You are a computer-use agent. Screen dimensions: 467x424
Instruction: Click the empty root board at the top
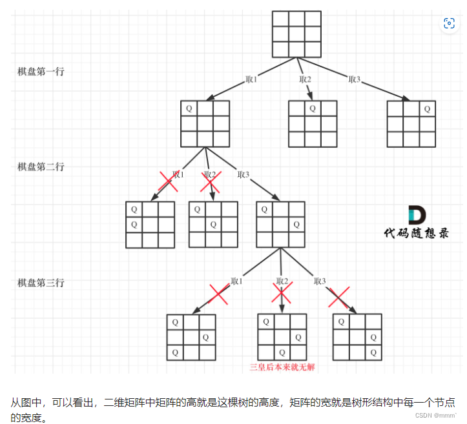point(296,34)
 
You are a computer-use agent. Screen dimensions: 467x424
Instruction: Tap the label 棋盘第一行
point(41,72)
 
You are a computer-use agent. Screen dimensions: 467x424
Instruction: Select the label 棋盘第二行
point(41,167)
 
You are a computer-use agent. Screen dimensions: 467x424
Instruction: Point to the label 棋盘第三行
point(41,283)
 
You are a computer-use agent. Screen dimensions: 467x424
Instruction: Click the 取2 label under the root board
point(305,79)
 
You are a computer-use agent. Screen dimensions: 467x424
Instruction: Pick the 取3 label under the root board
point(354,79)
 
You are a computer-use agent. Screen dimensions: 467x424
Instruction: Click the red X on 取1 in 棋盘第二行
point(169,181)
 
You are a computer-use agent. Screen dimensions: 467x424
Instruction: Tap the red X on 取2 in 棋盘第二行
point(209,181)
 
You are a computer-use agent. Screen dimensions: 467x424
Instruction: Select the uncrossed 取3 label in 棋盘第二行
point(244,174)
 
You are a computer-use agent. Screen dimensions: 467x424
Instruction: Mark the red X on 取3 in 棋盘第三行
point(338,296)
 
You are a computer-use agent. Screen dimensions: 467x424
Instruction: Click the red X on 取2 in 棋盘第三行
point(282,294)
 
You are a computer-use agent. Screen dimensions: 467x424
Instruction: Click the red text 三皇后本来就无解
point(282,368)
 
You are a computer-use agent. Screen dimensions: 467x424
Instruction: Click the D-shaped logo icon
point(416,215)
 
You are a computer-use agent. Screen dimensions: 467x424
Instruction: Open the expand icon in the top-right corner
point(449,24)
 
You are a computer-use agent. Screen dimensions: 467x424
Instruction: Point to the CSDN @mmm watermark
point(435,416)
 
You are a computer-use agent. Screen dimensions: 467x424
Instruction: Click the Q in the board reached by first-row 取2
point(313,108)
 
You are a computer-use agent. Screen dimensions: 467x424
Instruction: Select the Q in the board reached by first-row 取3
point(426,108)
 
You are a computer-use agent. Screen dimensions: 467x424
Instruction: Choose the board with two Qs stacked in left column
point(150,225)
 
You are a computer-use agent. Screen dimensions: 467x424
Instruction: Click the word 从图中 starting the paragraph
point(25,401)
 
